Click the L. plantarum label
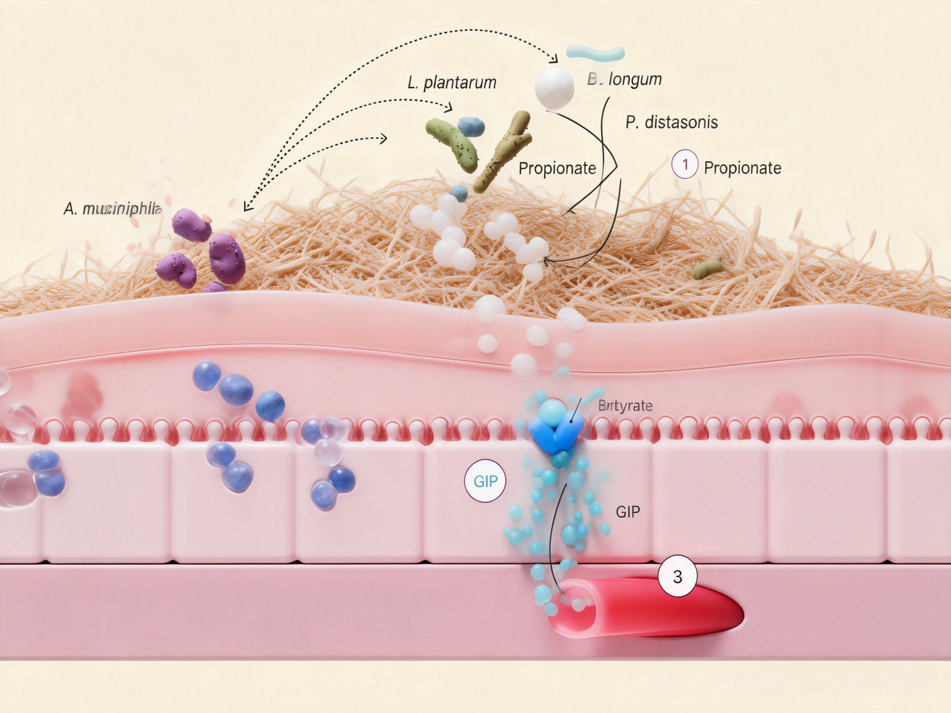(451, 82)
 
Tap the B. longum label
(624, 79)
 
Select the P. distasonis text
(671, 122)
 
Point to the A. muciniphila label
(112, 209)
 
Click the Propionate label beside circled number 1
(742, 168)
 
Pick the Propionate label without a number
(557, 168)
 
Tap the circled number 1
(685, 164)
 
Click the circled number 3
(677, 576)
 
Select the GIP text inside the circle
(486, 481)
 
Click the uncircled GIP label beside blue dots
(628, 511)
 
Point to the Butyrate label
(625, 406)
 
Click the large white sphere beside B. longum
(554, 88)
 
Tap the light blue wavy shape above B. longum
(595, 53)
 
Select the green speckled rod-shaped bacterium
(452, 144)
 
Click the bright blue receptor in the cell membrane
(555, 429)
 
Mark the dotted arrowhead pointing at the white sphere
(553, 59)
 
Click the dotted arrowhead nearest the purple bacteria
(248, 206)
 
